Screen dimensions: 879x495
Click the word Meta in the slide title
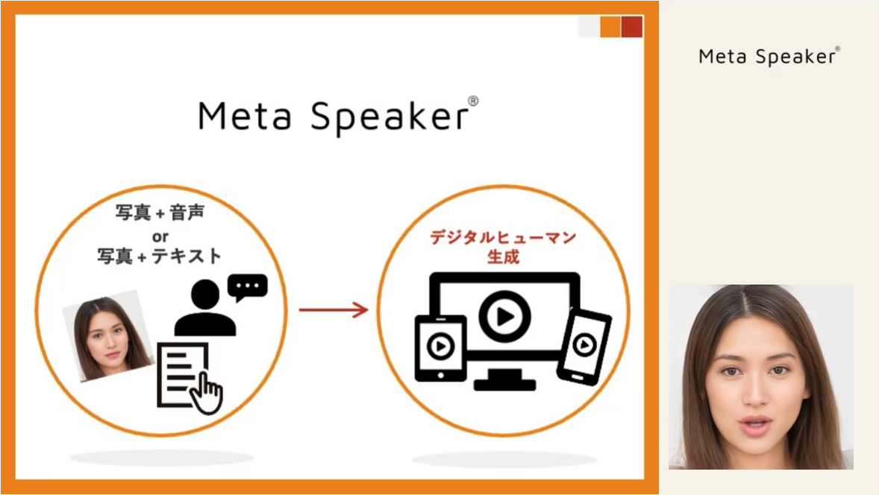pos(245,116)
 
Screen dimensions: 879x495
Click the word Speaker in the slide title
pos(390,118)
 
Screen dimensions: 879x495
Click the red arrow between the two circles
pos(333,309)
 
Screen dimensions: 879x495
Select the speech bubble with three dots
pos(247,288)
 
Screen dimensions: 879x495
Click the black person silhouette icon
pos(205,308)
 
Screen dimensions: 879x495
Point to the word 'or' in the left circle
pos(160,236)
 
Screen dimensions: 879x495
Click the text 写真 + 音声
pos(160,212)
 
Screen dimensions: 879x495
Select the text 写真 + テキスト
pos(160,256)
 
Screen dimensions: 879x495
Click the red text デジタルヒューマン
pos(503,237)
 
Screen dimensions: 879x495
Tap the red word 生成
pos(503,257)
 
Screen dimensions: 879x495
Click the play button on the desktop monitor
pos(504,316)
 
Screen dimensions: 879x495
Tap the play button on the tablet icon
pos(441,346)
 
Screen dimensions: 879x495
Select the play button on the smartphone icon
pos(585,344)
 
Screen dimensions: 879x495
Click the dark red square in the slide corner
pos(632,27)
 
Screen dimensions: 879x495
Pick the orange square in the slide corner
pos(610,27)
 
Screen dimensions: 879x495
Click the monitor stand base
pos(504,384)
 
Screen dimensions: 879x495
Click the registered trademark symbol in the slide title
pos(473,101)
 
